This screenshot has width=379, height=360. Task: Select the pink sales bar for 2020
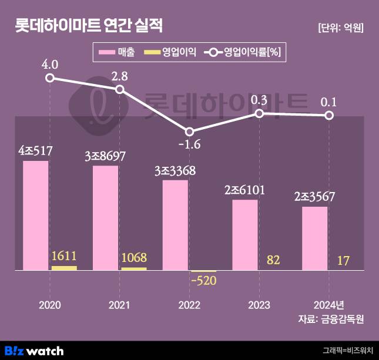35,215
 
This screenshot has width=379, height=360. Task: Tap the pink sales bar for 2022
175,225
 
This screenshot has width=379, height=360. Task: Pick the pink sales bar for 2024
314,238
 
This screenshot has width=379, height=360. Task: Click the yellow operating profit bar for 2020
64,268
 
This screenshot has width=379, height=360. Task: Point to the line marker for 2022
189,132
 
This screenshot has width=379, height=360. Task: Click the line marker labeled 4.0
50,78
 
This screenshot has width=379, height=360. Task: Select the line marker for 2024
329,115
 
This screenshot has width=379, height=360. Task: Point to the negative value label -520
203,280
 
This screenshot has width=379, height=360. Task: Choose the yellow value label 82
273,260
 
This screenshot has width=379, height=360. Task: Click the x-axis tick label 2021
120,305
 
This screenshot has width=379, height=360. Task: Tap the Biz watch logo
33,351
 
